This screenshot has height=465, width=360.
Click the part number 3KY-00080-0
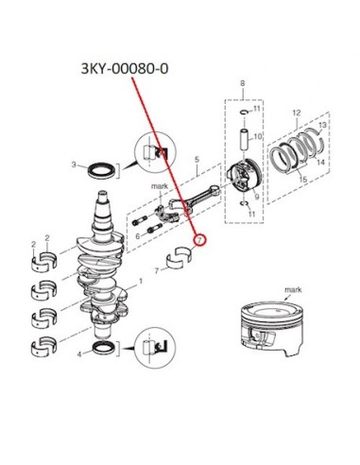125,69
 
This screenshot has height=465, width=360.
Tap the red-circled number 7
199,240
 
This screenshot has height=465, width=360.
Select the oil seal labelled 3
100,170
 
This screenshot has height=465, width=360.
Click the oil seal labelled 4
102,348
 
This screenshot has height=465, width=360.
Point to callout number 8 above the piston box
242,84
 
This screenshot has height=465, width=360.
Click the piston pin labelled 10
246,140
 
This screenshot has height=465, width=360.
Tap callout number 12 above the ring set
297,112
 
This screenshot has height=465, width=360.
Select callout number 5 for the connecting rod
197,159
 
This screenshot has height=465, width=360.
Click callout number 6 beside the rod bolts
138,236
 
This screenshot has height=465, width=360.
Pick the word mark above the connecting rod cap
160,186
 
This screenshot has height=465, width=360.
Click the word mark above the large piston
293,289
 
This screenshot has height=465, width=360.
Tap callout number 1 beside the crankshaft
141,281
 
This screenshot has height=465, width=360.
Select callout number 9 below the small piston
257,197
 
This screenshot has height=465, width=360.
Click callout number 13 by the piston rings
322,125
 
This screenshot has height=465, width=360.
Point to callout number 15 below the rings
302,180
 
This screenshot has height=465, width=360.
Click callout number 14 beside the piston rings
320,163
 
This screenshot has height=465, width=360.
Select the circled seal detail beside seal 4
155,347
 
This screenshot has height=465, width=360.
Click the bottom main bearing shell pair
44,345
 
